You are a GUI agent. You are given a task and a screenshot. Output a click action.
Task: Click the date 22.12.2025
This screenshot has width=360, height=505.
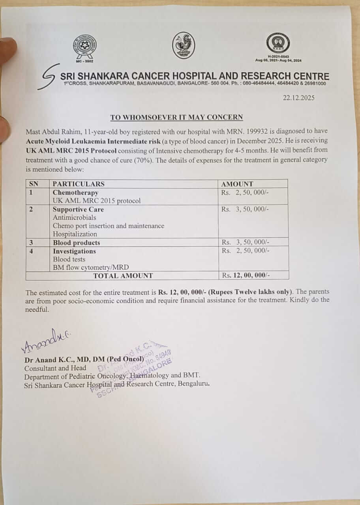point(298,98)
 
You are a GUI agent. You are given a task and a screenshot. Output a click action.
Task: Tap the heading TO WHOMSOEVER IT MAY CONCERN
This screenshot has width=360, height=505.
point(176,117)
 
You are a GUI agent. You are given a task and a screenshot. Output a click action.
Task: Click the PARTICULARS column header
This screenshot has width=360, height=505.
point(79,184)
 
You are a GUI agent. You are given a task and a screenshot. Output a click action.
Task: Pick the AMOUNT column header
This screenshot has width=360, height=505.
point(237,184)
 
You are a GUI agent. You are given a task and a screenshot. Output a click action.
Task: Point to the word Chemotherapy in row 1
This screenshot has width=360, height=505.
point(75,193)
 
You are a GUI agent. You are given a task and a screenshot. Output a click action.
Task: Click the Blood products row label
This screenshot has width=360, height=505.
point(77,243)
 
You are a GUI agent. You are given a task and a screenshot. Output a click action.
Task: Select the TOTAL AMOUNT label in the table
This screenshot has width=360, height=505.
point(123,276)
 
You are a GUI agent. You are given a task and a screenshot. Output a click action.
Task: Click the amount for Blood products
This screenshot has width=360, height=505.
point(245,242)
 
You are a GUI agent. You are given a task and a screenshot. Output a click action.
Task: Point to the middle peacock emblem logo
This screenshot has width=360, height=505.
point(184,45)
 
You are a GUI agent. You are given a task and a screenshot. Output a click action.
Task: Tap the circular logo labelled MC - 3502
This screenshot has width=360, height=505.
point(84,47)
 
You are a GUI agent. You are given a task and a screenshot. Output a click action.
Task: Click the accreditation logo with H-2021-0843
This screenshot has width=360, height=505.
point(277,44)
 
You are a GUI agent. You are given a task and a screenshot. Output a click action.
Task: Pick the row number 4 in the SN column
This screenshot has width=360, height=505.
point(31,251)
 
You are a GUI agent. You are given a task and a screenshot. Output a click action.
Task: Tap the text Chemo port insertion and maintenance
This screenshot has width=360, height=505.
point(109,226)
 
